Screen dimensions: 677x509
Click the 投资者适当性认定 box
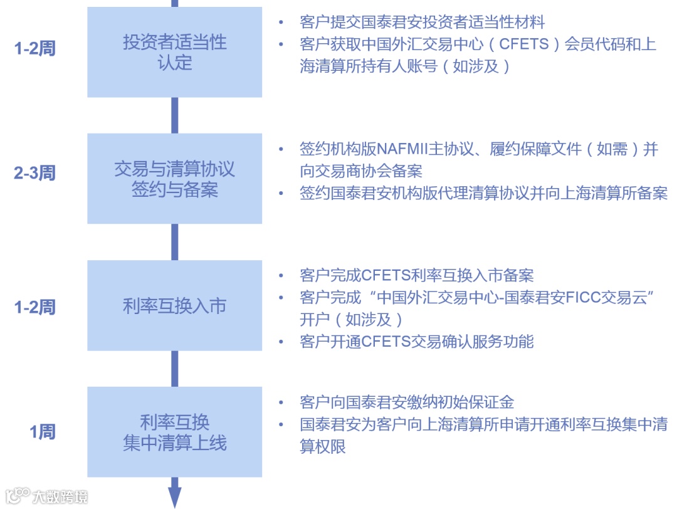point(174,53)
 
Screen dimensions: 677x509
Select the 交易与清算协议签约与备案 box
point(174,179)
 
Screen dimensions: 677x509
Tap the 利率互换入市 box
point(174,307)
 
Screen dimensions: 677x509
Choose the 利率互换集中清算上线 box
point(174,433)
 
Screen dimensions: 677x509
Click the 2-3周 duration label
point(35,173)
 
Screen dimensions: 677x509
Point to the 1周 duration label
point(43,432)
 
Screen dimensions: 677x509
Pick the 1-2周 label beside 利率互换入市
point(35,307)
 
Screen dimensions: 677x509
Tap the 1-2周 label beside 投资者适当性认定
point(35,48)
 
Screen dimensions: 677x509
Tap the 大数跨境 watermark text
point(60,497)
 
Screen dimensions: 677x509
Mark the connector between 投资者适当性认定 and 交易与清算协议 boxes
point(175,115)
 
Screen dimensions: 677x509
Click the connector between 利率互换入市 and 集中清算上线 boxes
point(175,369)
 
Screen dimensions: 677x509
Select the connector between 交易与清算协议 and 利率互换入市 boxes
point(175,242)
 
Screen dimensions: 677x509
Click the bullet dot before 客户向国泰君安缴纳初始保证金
point(281,402)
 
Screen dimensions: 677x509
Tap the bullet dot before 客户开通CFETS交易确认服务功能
point(281,342)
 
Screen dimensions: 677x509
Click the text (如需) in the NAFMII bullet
point(602,150)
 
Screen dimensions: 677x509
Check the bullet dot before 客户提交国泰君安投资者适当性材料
point(281,23)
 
